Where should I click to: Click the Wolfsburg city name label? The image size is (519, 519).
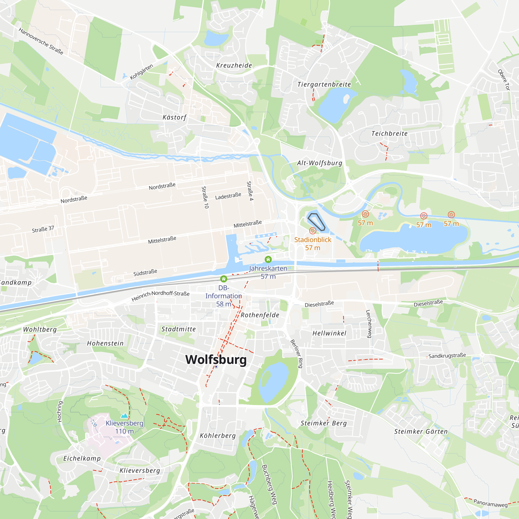click(x=216, y=359)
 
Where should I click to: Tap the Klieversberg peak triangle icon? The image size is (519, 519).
click(x=124, y=415)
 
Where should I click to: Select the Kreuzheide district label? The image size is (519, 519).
click(x=234, y=65)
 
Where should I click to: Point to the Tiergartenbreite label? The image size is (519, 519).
click(x=324, y=84)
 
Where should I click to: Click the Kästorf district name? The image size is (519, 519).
click(x=174, y=117)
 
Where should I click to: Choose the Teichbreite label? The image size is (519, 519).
click(x=389, y=133)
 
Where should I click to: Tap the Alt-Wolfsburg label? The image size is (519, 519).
click(x=319, y=163)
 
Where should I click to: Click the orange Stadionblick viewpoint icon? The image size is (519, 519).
click(x=312, y=230)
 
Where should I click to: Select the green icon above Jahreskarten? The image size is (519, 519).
click(x=268, y=259)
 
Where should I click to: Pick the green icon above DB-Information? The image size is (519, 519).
click(x=223, y=279)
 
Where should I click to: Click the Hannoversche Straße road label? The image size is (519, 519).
click(x=41, y=41)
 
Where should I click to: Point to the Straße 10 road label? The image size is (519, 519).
click(x=205, y=197)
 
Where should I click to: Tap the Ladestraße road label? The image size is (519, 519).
click(x=228, y=196)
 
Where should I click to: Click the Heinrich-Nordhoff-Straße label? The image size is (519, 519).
click(x=160, y=296)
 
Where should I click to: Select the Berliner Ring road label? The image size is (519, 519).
click(x=297, y=353)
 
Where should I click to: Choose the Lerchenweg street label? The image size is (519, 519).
click(x=369, y=324)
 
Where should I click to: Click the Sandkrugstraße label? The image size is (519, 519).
click(x=447, y=356)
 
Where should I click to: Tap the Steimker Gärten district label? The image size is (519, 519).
click(x=421, y=432)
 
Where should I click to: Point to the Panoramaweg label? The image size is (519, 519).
click(x=490, y=503)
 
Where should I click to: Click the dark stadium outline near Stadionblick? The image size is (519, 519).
click(x=316, y=222)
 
